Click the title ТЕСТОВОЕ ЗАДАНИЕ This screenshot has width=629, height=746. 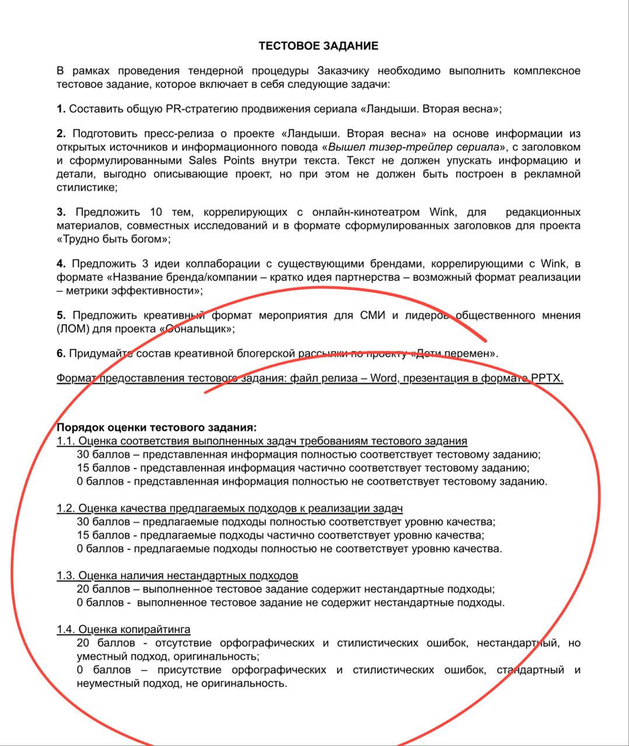click(319, 46)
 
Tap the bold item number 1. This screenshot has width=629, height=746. click(61, 109)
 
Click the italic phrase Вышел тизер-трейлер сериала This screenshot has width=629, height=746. click(413, 147)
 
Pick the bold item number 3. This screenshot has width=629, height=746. click(61, 212)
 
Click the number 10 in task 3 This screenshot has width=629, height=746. click(156, 212)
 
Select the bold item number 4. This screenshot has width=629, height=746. click(61, 264)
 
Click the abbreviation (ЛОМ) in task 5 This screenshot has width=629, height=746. click(73, 329)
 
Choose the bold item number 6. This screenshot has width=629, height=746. click(61, 354)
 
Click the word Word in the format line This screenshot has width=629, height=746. click(383, 378)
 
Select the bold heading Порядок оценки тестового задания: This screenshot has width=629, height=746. click(156, 428)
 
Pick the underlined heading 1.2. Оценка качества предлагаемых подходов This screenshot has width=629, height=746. click(230, 508)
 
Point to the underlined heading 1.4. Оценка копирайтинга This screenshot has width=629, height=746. click(124, 629)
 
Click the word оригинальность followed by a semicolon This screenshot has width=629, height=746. click(205, 657)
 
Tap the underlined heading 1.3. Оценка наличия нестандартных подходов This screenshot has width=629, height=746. click(177, 576)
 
